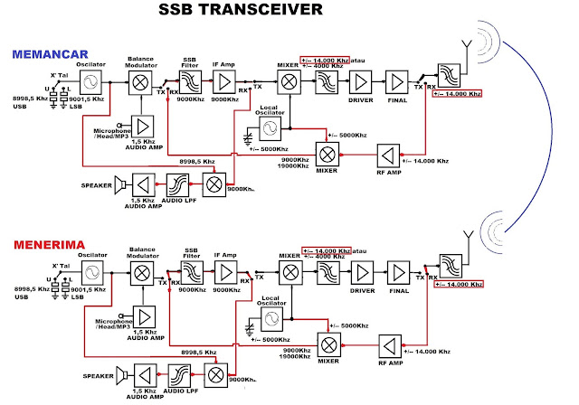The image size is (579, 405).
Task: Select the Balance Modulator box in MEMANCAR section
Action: tap(142, 83)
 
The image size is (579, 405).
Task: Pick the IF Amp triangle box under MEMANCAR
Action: tap(223, 83)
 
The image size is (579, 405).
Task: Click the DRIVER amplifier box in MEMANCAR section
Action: tap(360, 84)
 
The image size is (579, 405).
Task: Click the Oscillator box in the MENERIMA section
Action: tap(88, 269)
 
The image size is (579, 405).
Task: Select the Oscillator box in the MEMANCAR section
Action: tap(88, 83)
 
